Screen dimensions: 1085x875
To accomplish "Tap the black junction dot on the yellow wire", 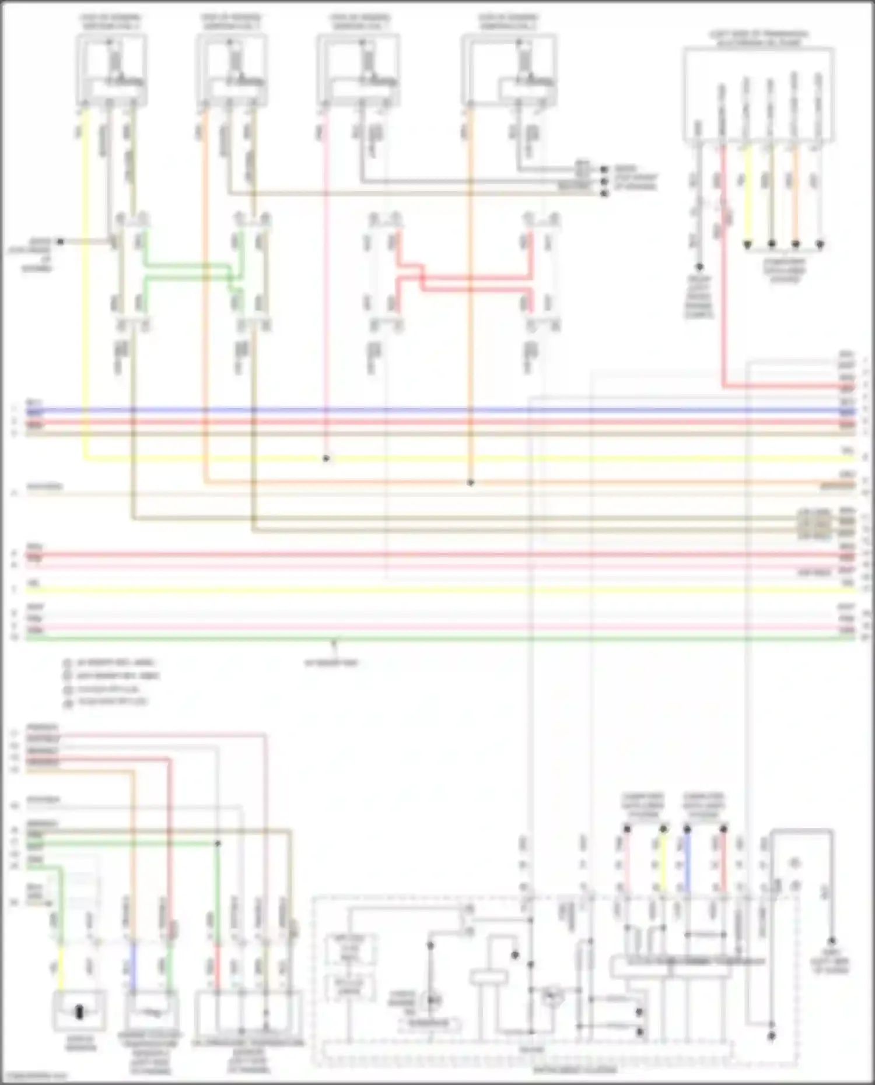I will point(326,459).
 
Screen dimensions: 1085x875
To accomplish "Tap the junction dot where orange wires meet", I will point(471,483).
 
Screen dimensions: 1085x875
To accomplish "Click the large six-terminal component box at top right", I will point(758,93).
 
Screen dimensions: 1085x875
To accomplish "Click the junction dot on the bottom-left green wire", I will point(218,843).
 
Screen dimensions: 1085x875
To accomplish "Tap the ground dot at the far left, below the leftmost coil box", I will point(59,241).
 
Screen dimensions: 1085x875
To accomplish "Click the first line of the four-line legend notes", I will point(111,663).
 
